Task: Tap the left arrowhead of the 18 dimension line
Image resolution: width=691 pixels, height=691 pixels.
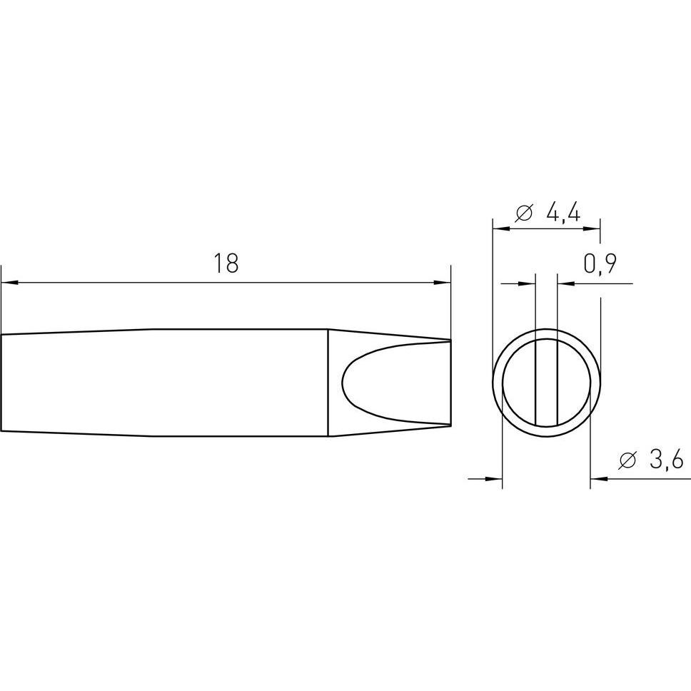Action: (9, 283)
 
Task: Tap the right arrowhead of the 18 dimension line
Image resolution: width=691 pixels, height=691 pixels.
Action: (443, 283)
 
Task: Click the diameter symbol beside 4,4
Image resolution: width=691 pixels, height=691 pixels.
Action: (524, 213)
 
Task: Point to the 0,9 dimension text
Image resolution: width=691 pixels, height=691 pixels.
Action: (600, 264)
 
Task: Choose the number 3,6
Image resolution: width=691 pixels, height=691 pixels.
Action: (667, 460)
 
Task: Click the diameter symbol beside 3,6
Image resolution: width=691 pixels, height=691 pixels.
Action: (628, 460)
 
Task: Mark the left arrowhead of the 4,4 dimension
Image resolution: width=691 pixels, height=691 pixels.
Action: (500, 229)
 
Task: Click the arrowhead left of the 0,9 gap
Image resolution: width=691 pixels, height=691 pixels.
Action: (528, 283)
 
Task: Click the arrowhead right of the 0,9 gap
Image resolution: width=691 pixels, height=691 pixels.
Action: (565, 283)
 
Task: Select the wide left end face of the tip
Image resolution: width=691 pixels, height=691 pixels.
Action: (2, 383)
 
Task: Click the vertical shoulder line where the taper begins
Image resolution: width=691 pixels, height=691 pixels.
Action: (328, 383)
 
